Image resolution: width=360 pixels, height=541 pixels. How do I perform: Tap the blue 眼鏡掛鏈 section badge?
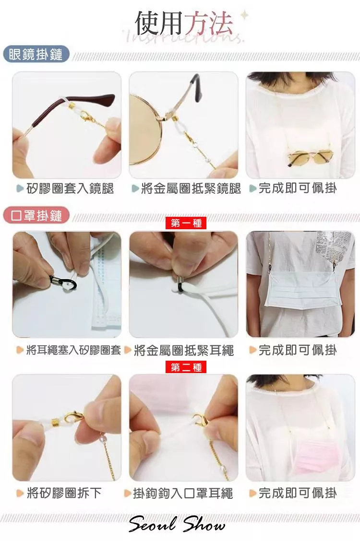click(x=36, y=55)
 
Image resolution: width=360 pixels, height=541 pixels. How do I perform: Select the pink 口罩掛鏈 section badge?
click(x=36, y=216)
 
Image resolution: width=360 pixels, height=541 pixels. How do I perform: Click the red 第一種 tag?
click(x=186, y=223)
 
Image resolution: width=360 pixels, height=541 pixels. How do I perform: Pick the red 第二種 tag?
click(x=186, y=367)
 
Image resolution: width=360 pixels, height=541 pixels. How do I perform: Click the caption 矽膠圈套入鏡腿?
click(x=70, y=188)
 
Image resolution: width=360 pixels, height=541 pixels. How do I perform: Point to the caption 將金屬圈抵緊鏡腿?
click(x=191, y=188)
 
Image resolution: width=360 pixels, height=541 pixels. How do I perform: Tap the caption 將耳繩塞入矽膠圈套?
click(x=73, y=350)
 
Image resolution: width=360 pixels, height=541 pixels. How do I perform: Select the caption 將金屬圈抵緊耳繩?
click(x=184, y=350)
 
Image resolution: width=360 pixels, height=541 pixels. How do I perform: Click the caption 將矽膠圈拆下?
click(x=64, y=493)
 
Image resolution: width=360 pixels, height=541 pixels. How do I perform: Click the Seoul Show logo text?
click(x=176, y=524)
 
